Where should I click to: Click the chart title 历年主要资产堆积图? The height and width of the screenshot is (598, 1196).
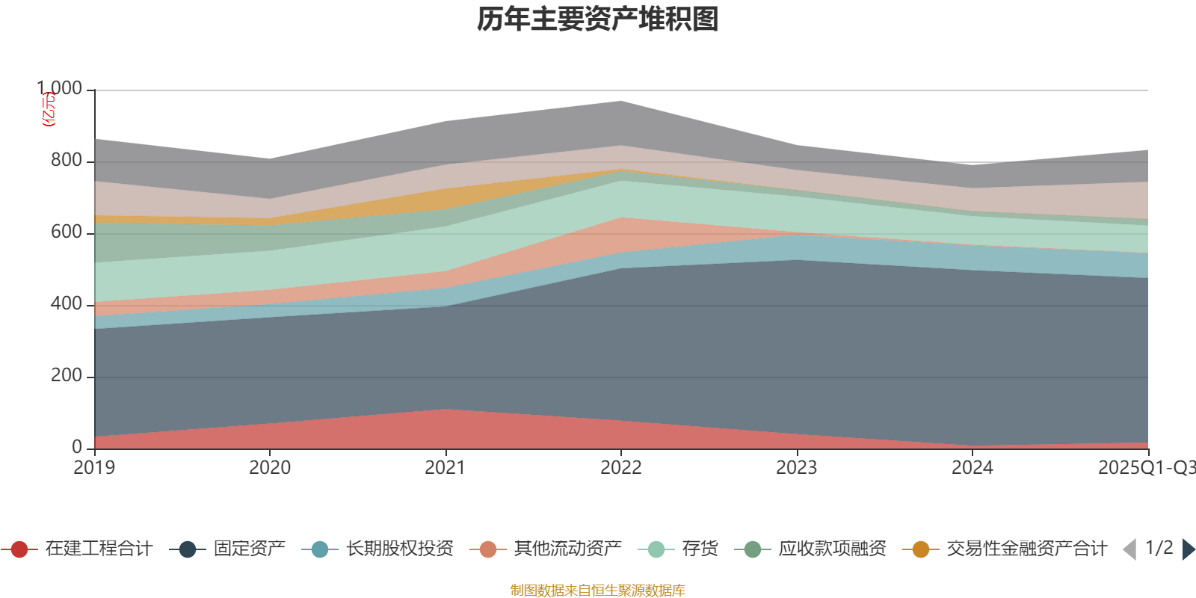click(x=598, y=19)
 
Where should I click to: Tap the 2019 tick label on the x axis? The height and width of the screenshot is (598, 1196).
click(x=94, y=468)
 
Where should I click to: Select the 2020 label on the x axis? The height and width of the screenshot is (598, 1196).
click(x=270, y=468)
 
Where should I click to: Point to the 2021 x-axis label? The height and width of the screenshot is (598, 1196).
click(x=446, y=468)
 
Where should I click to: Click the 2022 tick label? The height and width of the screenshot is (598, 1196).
click(x=621, y=468)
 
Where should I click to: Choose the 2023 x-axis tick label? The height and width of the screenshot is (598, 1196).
click(x=797, y=468)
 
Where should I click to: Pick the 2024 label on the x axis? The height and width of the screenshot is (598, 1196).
click(x=972, y=468)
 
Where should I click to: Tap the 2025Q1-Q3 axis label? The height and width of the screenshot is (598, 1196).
click(x=1146, y=468)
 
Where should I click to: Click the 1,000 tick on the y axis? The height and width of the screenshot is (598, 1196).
click(x=60, y=89)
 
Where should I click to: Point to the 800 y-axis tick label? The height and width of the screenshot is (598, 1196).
click(x=67, y=161)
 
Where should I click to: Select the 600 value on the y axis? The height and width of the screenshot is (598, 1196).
click(x=67, y=232)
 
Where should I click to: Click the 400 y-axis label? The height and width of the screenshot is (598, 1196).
click(x=67, y=304)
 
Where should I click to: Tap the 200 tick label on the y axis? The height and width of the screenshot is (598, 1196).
click(x=67, y=376)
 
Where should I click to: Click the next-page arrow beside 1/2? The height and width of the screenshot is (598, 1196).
click(x=1188, y=549)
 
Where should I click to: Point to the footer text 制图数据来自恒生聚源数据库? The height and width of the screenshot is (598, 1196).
click(x=598, y=591)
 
